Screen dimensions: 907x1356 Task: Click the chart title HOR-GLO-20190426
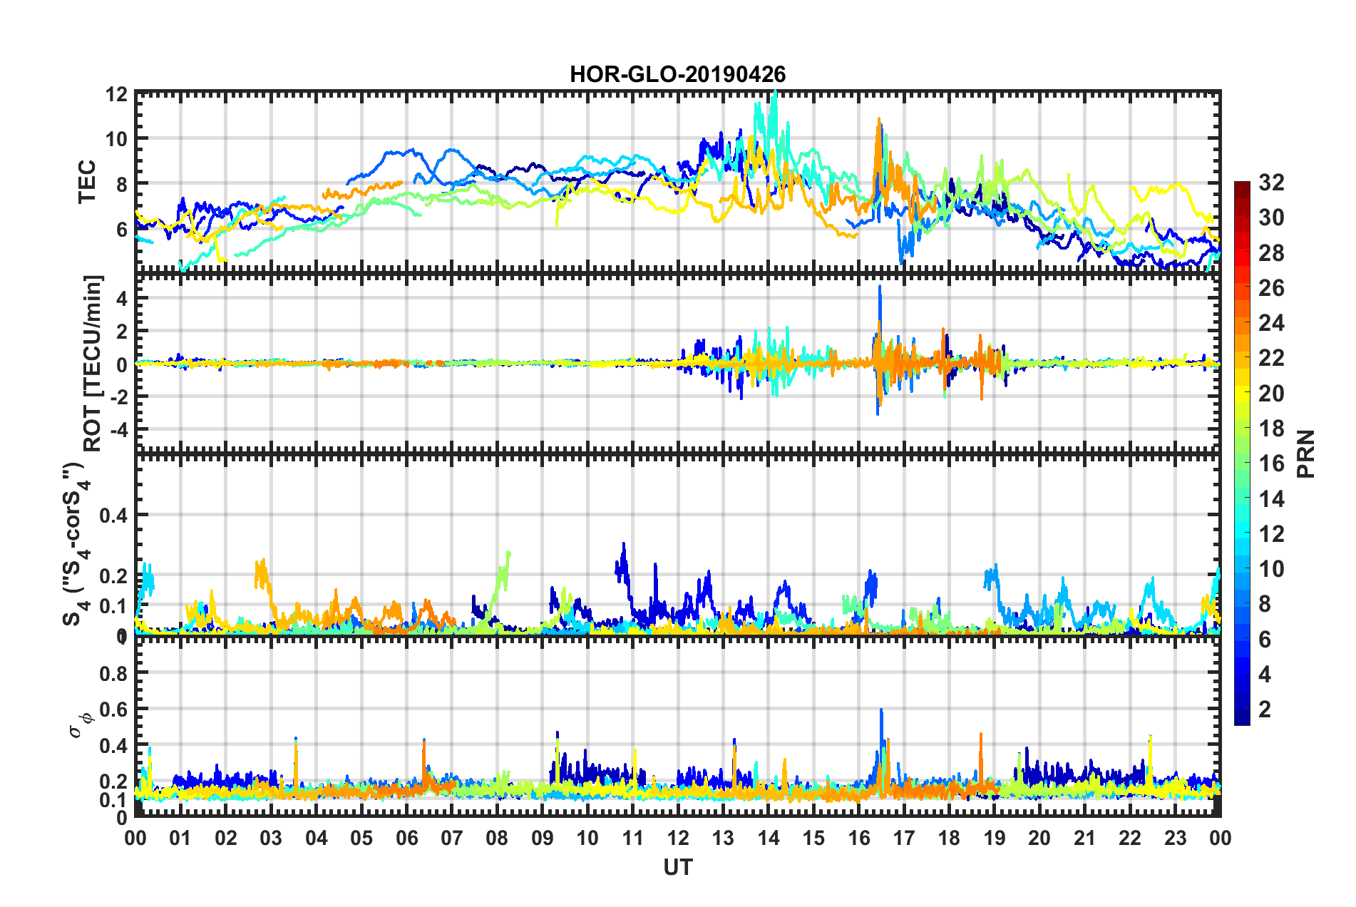[677, 74]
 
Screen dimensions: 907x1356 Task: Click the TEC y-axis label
[87, 182]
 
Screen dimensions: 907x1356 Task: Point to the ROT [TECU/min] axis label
[93, 363]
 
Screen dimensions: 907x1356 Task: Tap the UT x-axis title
[677, 867]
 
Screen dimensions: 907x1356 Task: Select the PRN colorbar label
[1306, 454]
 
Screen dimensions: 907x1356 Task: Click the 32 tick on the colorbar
[1270, 183]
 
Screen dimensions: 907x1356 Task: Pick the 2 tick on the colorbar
[1265, 709]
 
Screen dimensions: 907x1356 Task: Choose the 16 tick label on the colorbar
[1270, 463]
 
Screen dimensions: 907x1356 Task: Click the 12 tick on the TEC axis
[117, 95]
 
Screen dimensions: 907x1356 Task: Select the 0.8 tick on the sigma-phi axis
[113, 673]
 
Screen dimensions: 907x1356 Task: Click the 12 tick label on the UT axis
[677, 838]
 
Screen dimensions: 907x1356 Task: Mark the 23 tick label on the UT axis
[1175, 838]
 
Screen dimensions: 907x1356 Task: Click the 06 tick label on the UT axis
[406, 838]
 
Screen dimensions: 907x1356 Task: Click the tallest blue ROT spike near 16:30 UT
[880, 287]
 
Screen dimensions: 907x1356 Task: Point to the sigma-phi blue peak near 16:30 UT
[881, 710]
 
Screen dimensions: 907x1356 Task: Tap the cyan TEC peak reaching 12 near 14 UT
[774, 94]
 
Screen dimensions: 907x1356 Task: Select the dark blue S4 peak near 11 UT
[624, 545]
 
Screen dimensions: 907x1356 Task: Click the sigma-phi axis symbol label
[81, 722]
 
